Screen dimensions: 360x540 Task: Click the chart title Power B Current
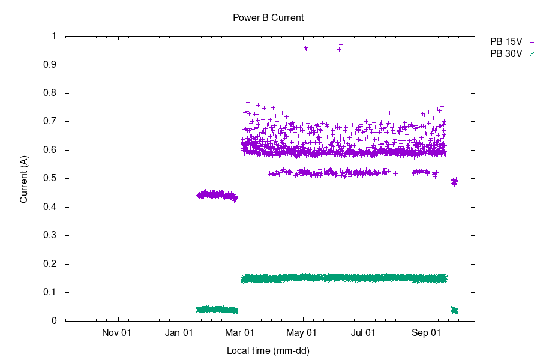coord(268,18)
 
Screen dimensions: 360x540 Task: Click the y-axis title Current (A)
coord(24,179)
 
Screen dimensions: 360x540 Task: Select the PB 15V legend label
coord(506,42)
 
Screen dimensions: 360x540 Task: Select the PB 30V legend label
coord(506,54)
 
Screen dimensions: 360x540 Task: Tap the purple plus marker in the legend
coord(532,42)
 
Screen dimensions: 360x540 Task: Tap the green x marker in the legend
coord(532,54)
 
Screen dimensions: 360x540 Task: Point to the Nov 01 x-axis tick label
coord(117,332)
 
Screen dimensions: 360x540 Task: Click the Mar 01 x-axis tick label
coord(241,332)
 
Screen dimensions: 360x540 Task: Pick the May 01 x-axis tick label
coord(303,332)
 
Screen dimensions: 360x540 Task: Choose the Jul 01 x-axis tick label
coord(364,332)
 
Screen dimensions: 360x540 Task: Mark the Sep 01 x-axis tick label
coord(427,332)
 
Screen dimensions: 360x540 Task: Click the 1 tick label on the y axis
coord(54,37)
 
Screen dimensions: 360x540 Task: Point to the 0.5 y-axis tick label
coord(50,179)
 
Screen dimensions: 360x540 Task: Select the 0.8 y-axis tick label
coord(50,93)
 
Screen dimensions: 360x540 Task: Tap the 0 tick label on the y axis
coord(54,321)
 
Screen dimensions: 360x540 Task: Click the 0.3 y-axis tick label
coord(50,236)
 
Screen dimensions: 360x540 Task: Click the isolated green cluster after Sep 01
coord(454,310)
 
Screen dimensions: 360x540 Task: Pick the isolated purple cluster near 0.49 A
coord(454,181)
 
